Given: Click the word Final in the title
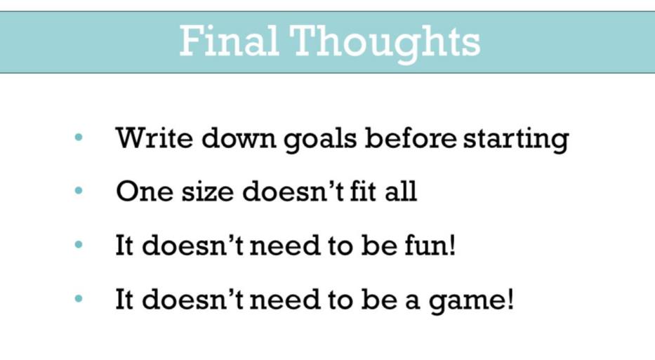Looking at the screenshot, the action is click(229, 41).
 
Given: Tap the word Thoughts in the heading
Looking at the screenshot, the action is click(385, 44).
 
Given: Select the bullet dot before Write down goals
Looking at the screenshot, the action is click(79, 138).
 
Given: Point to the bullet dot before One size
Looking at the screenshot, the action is click(79, 191).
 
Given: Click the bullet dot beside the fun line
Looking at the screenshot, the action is click(79, 245).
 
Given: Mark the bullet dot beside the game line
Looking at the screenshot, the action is click(79, 299).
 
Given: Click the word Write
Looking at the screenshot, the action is click(154, 137).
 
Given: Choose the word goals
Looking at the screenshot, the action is click(320, 139).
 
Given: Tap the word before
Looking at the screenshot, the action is click(410, 137).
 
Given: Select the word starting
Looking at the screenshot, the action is click(516, 139).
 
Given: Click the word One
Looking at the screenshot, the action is click(145, 192).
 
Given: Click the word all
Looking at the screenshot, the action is click(401, 192).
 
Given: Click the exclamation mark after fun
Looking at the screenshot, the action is click(451, 245).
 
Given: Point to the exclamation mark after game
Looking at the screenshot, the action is click(510, 299).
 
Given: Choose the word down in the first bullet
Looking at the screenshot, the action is click(238, 137).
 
